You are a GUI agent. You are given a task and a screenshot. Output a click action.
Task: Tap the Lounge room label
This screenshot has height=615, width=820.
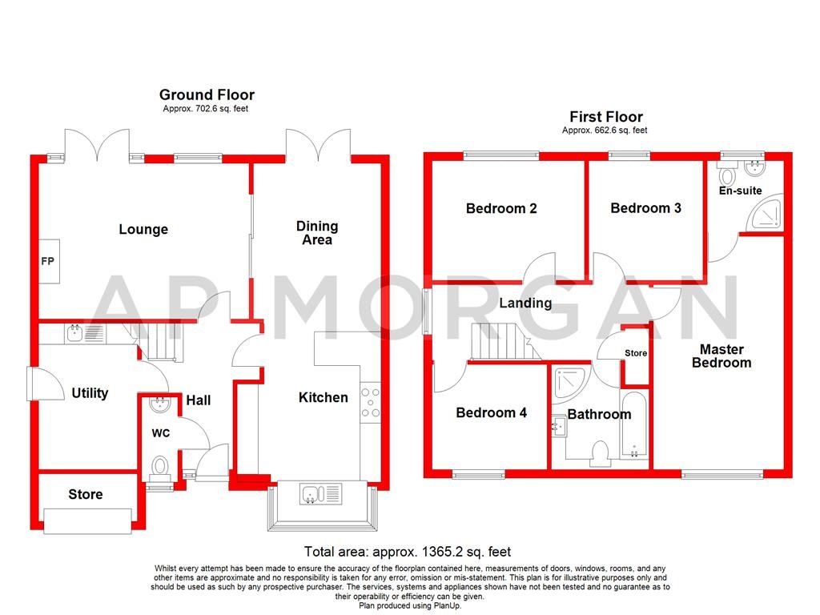143,230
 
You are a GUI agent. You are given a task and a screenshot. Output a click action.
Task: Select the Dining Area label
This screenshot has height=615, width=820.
317,233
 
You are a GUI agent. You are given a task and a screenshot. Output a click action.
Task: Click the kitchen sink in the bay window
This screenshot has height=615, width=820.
320,494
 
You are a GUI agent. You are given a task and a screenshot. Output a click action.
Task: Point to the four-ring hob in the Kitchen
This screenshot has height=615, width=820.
372,403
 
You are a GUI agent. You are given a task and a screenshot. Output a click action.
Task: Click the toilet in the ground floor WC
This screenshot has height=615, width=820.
160,467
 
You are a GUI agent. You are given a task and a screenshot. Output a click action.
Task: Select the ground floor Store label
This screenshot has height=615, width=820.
85,494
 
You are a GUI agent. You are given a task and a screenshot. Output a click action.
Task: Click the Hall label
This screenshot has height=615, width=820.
199,400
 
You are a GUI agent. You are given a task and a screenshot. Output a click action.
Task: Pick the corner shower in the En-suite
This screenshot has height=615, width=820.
768,213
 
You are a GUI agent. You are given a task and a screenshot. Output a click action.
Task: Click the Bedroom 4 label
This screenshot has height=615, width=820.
491,413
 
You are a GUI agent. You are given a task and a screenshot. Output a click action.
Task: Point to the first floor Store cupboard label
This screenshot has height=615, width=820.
636,353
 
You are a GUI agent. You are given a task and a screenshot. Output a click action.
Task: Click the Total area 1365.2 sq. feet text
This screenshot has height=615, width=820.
408,552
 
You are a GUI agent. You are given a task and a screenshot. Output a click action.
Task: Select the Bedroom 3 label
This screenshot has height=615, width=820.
645,208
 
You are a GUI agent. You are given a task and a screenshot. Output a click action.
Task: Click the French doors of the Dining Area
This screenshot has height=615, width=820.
319,144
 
